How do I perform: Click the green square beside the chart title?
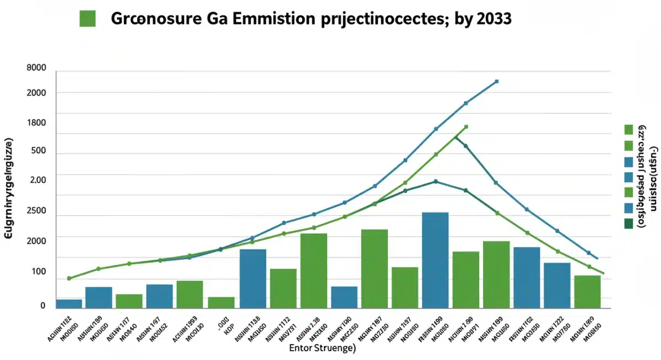pyautogui.click(x=88, y=18)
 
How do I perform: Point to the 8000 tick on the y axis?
pyautogui.click(x=36, y=68)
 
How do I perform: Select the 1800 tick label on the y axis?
pyautogui.click(x=36, y=123)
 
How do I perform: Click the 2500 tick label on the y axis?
pyautogui.click(x=36, y=211)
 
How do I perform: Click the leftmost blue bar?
pyautogui.click(x=69, y=303)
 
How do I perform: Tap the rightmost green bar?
pyautogui.click(x=587, y=291)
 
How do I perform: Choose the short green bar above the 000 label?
pyautogui.click(x=221, y=302)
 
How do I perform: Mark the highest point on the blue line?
pyautogui.click(x=497, y=81)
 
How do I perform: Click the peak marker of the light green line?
pyautogui.click(x=466, y=127)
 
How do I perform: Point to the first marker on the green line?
pyautogui.click(x=69, y=279)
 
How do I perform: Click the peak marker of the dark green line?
pyautogui.click(x=436, y=181)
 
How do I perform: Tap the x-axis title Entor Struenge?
pyautogui.click(x=322, y=348)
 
